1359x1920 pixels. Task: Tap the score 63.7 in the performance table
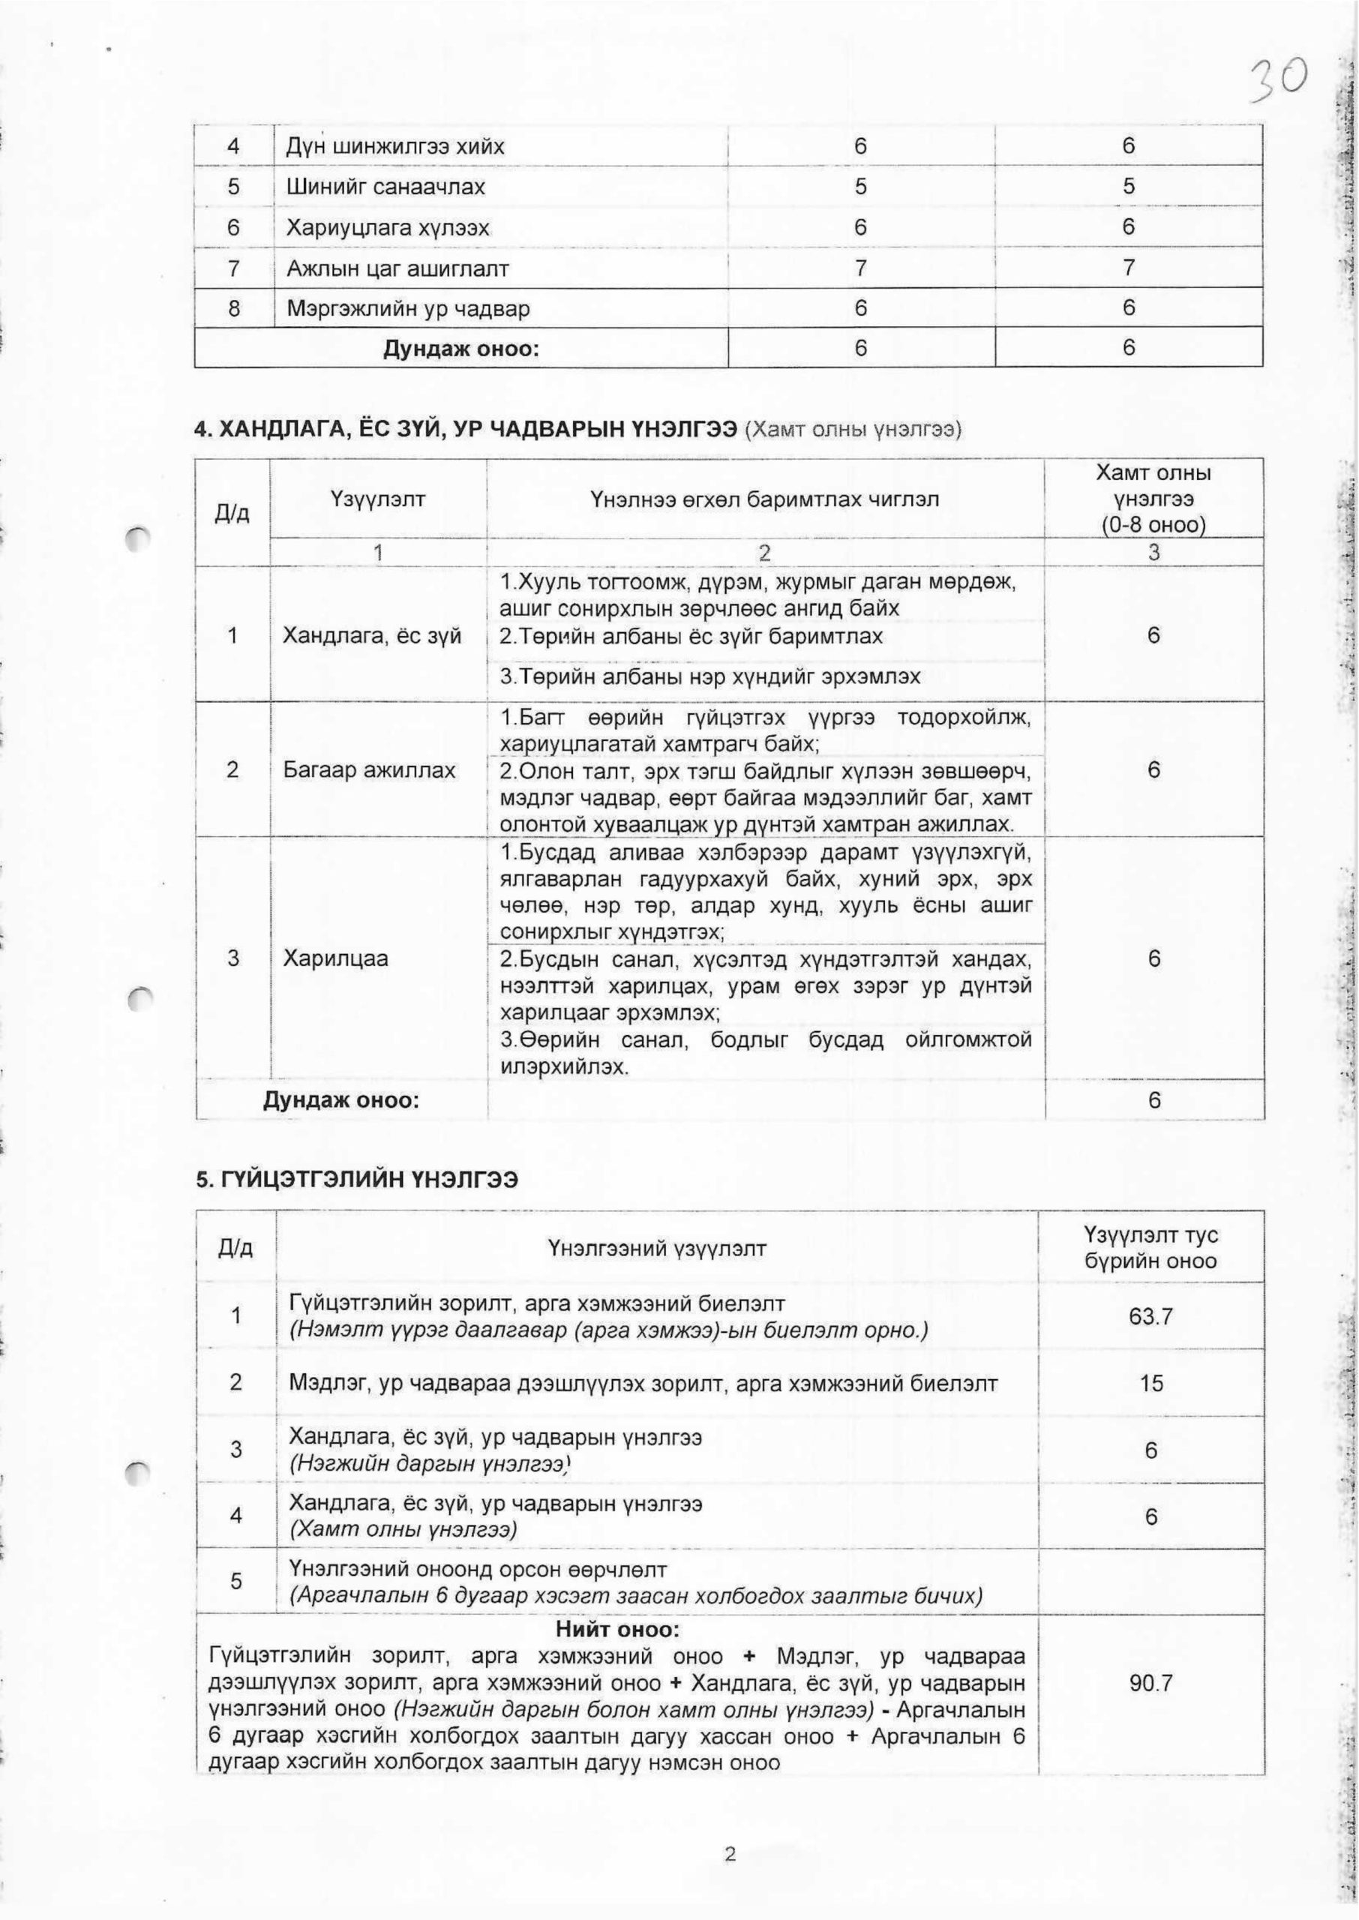click(1150, 1316)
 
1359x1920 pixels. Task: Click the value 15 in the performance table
click(1150, 1383)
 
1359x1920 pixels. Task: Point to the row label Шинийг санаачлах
click(385, 187)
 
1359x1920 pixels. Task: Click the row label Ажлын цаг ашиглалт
click(397, 268)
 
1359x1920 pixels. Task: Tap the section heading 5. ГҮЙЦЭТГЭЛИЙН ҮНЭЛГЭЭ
click(356, 1180)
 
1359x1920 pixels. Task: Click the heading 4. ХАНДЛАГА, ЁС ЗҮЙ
click(464, 430)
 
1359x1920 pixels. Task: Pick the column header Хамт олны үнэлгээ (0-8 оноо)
click(1153, 499)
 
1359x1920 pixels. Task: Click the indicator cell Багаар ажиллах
click(369, 769)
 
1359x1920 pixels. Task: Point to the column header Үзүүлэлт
click(378, 499)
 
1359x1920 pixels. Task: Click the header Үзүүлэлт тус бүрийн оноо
click(1150, 1248)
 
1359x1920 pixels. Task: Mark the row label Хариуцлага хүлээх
click(388, 227)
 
